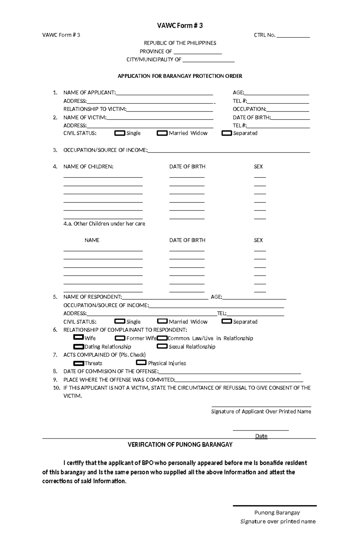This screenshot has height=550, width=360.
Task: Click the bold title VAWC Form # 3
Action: click(x=180, y=26)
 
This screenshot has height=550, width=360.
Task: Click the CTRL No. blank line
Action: click(x=293, y=36)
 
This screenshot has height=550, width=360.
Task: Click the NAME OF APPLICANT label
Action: click(x=89, y=93)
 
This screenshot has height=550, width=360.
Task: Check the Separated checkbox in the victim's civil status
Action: click(x=226, y=133)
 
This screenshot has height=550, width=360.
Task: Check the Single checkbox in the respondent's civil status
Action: click(x=120, y=321)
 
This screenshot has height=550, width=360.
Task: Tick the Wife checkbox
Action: click(x=78, y=337)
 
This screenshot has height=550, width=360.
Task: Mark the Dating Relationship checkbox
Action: click(x=78, y=346)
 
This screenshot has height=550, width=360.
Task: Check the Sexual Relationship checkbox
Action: click(x=162, y=346)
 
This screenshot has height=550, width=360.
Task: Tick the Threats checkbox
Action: click(x=78, y=363)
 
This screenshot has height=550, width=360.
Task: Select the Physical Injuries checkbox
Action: click(x=141, y=363)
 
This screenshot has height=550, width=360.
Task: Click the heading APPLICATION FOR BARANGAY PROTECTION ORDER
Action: click(x=180, y=76)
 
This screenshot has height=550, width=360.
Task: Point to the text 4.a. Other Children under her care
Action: click(x=104, y=224)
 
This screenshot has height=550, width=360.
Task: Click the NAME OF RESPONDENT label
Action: click(x=92, y=297)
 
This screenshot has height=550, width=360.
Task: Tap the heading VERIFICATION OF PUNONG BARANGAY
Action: click(x=180, y=444)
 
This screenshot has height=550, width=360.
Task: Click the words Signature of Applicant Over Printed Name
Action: click(x=261, y=412)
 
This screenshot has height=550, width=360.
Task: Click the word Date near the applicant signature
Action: click(x=261, y=436)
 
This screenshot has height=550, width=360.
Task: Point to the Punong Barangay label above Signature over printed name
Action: click(x=277, y=513)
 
